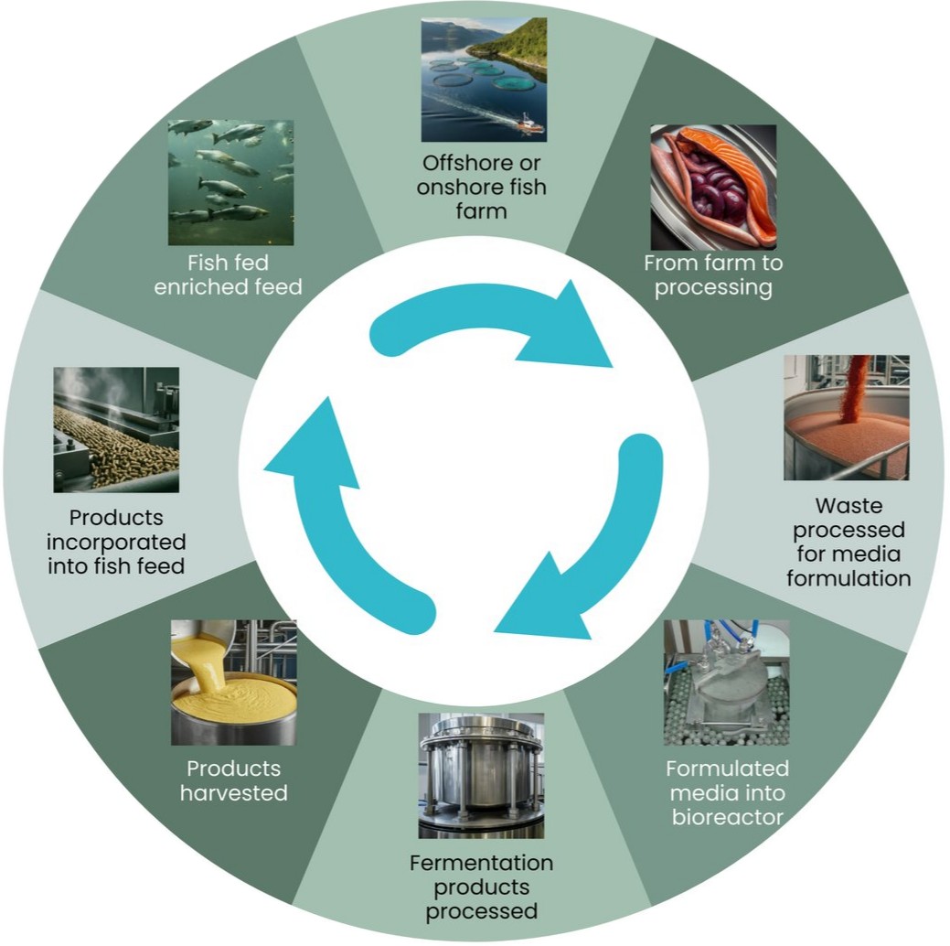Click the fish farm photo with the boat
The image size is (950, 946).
[x=483, y=80]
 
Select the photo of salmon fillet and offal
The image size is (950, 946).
[x=713, y=187]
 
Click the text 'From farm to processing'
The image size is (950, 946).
[x=713, y=275]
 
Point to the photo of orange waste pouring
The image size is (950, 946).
[x=846, y=417]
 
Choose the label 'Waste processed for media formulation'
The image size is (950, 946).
[x=849, y=542]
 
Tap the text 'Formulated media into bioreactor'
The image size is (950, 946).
[x=726, y=791]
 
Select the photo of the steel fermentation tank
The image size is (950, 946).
[x=481, y=776]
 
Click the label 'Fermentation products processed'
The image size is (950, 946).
[x=481, y=887]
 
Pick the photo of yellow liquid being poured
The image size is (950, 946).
[x=234, y=682]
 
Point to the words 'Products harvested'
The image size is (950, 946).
[x=234, y=779]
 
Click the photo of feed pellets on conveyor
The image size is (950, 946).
[x=116, y=430]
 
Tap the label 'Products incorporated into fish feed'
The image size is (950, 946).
[x=116, y=542]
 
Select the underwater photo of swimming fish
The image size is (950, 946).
[x=230, y=182]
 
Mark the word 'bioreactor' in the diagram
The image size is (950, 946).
[x=726, y=815]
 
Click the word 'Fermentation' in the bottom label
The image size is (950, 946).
[x=481, y=863]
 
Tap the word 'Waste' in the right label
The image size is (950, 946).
[x=849, y=506]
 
